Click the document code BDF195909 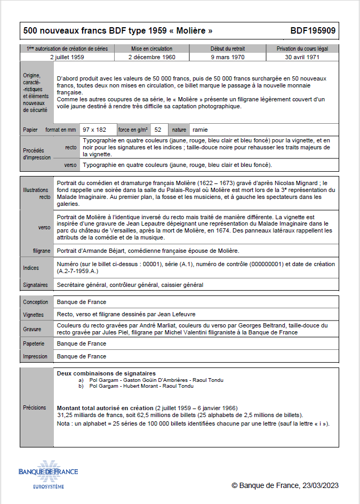[x=313, y=31]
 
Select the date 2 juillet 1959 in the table [x=67, y=56]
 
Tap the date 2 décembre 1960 [x=152, y=56]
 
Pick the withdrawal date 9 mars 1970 [x=228, y=56]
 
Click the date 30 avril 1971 [x=302, y=56]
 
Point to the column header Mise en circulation [x=152, y=49]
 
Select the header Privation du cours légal [x=302, y=49]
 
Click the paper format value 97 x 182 [x=94, y=130]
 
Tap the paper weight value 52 [x=158, y=130]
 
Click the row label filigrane [x=42, y=251]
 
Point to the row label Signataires [x=36, y=285]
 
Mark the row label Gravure [x=32, y=329]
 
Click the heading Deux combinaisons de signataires [x=106, y=373]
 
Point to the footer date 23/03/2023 [x=321, y=485]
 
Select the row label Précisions [x=34, y=407]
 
